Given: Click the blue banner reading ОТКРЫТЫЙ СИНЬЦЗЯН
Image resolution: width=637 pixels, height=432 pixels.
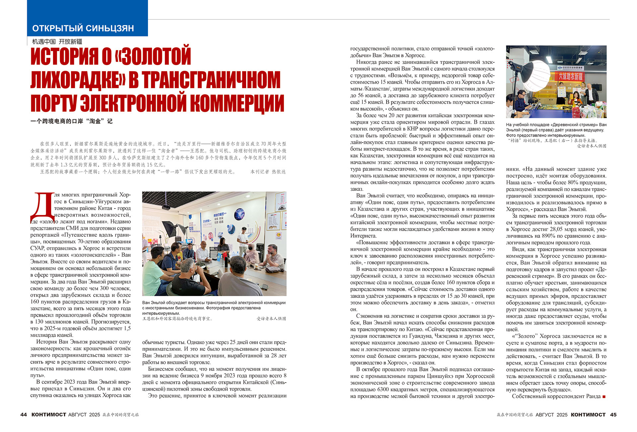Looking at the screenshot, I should point(83,28).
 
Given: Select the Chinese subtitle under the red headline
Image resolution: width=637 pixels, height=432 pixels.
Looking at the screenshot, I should point(71,121).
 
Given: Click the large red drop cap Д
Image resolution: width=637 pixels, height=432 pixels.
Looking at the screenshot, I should point(42,207).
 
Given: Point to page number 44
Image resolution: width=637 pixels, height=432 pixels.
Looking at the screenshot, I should point(24,414).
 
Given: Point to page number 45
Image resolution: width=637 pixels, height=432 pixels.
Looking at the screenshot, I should point(613,414).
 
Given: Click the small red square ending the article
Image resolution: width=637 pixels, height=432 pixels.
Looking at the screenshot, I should point(604,397).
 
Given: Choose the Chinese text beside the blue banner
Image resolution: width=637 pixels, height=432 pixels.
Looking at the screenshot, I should point(57,42).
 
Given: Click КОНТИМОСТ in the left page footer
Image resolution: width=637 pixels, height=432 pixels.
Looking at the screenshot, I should point(49,414).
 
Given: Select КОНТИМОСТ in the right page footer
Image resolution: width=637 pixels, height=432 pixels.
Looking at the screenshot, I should point(588,414).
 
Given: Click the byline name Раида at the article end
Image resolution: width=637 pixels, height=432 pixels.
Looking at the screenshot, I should point(594,396).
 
